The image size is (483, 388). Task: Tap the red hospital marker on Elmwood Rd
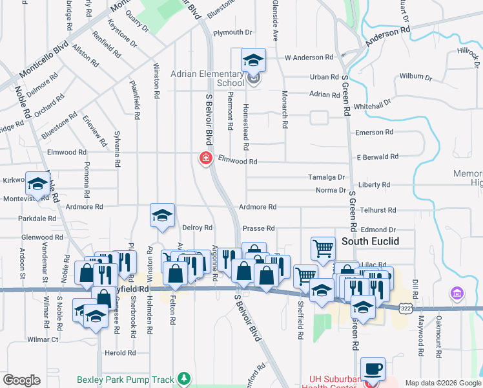(206, 158)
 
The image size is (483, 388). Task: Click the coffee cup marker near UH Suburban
(373, 369)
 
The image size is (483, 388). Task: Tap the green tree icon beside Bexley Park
(185, 377)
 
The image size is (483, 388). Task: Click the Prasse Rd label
(259, 228)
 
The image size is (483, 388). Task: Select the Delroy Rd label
(198, 228)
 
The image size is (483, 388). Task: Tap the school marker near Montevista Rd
(37, 184)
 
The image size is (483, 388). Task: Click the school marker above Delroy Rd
(162, 216)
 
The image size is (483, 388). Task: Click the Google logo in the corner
(22, 380)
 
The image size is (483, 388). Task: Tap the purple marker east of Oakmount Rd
(458, 294)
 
